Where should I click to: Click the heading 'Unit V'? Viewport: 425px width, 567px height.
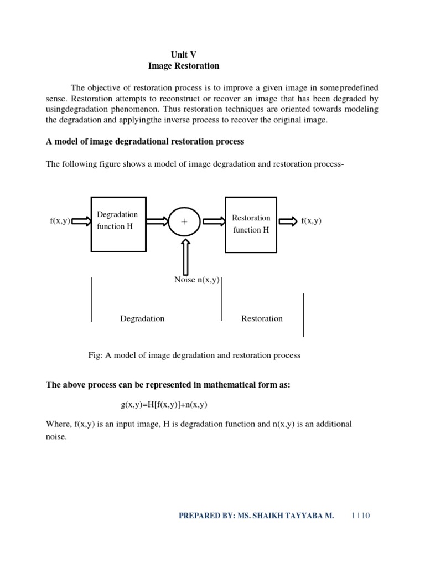(183, 54)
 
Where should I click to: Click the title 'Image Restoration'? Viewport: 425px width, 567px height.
(184, 66)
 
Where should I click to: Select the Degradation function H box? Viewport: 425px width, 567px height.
(118, 224)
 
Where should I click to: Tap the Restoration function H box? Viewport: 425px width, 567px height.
(251, 224)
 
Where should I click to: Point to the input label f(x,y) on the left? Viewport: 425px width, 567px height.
(60, 221)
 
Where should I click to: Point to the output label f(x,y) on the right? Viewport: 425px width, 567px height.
(312, 221)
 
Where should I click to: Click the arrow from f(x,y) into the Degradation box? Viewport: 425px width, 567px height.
(81, 221)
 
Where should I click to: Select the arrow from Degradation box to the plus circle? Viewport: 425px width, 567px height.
(157, 221)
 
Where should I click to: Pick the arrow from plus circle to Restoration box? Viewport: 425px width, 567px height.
(214, 221)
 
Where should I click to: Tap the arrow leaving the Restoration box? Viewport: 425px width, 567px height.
(288, 221)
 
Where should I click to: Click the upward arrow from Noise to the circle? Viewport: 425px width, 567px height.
(185, 257)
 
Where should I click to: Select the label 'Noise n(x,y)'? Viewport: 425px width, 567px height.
(197, 280)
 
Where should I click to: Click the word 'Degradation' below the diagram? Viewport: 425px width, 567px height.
(142, 318)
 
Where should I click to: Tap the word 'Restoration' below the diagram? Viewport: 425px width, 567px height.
(262, 318)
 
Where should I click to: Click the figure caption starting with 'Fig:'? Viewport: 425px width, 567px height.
(194, 355)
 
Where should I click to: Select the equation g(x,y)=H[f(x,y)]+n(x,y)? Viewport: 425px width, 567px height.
(164, 405)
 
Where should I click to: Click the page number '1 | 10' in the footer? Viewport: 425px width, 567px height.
(360, 516)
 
